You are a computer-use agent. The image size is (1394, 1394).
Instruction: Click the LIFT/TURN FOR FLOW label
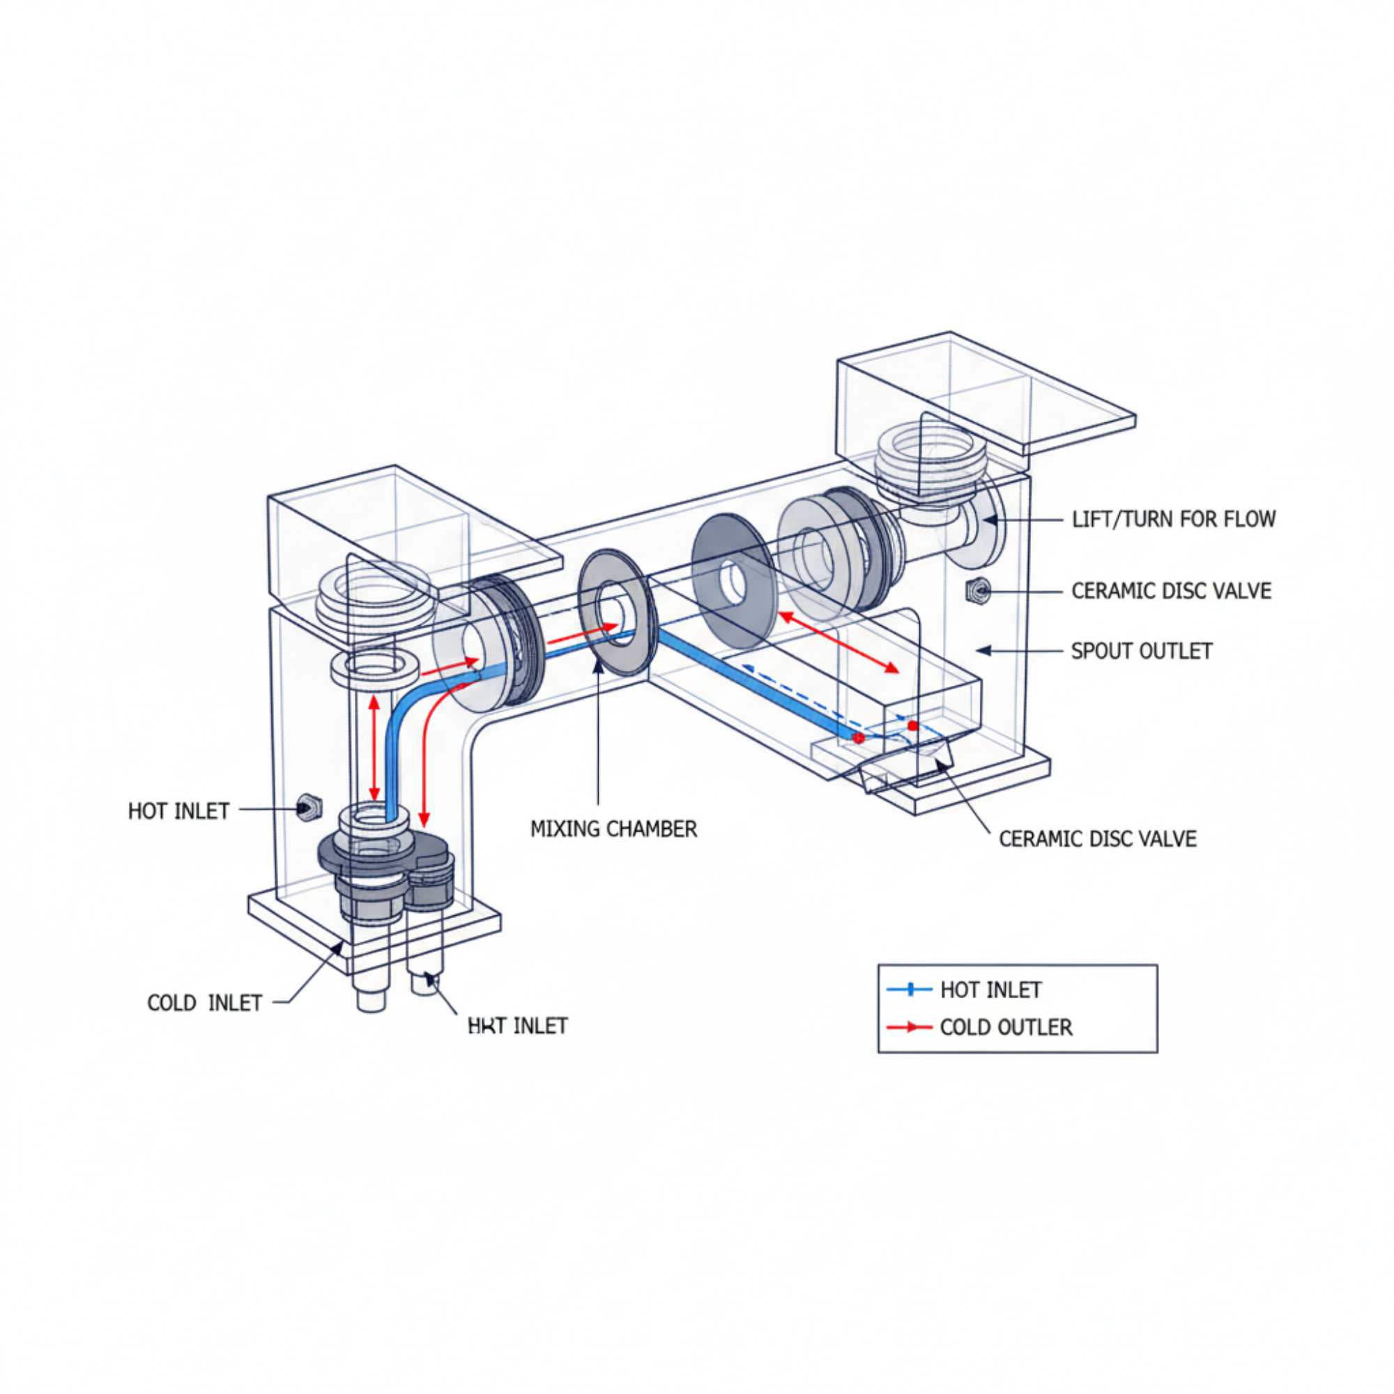coord(1173,519)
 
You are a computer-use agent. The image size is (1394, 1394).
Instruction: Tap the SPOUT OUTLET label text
coord(1142,651)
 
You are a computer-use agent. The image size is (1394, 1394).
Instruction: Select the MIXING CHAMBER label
coord(614,829)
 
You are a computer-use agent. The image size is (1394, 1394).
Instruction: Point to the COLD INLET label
coord(204,1003)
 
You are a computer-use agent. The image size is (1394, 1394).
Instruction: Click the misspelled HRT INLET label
coord(517,1025)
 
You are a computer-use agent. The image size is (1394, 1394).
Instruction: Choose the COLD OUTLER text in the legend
coord(1006,1027)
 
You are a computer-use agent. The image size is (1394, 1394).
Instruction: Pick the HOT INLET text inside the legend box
coord(990,990)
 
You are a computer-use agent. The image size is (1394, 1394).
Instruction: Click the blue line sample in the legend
coord(909,989)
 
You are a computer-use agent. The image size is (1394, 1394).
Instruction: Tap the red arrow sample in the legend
coord(909,1027)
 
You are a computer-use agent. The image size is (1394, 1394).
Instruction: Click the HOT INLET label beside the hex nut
coord(178,811)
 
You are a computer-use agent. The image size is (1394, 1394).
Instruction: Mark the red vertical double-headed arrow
coord(374,746)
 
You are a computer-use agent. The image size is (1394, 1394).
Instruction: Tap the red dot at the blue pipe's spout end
coord(858,737)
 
